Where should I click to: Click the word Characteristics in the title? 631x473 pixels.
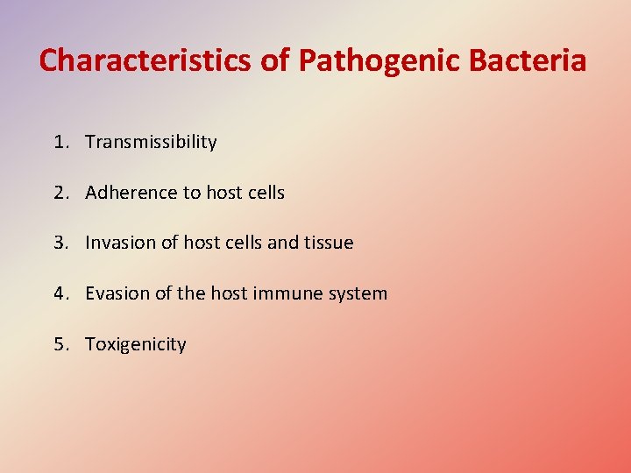tap(145, 60)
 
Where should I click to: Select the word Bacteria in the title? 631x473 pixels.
tap(531, 60)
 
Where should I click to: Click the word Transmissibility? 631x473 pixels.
tap(151, 142)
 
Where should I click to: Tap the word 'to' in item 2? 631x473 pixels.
tap(191, 193)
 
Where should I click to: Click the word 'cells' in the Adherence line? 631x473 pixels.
tap(264, 193)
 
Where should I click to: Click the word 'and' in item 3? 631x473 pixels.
tap(282, 243)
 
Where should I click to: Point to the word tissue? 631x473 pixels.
tap(329, 243)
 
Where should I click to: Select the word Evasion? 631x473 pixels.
tap(117, 293)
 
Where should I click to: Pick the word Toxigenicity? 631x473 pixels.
tap(136, 344)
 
